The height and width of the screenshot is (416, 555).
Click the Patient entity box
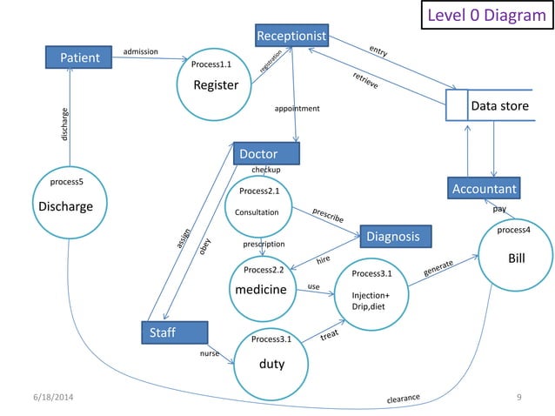(80, 58)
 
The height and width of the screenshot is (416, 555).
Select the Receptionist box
(291, 36)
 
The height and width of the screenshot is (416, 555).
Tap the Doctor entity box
(267, 154)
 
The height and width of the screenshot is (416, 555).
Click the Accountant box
(485, 188)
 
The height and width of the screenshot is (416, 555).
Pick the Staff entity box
(174, 332)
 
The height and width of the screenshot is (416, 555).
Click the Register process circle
(215, 84)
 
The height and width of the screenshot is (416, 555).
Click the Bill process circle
(516, 258)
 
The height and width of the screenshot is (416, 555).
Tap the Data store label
(499, 106)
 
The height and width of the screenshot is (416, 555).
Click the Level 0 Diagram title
(483, 16)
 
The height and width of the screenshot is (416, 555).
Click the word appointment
(297, 109)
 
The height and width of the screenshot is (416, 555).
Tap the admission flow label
(141, 51)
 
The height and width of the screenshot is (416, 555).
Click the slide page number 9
(518, 399)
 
